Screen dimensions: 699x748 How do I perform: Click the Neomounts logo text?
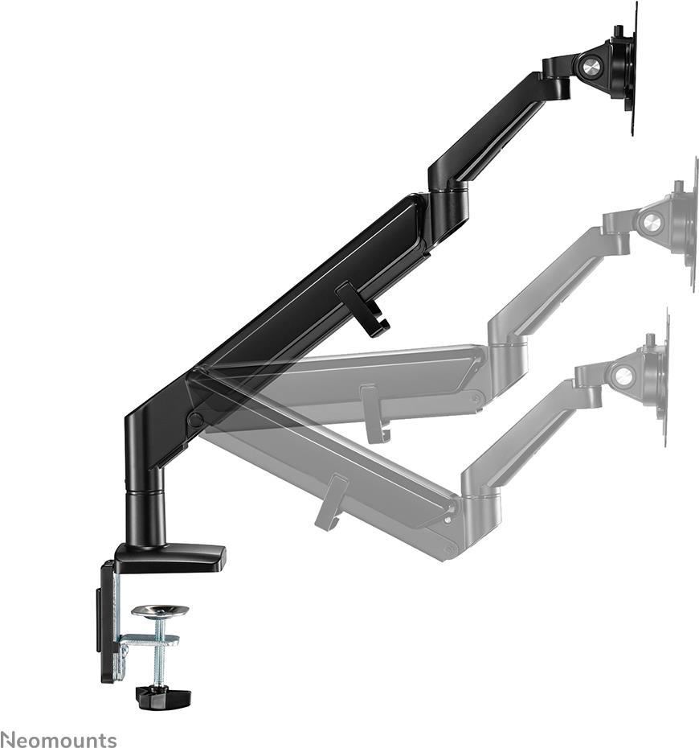(x=59, y=738)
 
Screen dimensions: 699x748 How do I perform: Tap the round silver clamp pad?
(x=160, y=610)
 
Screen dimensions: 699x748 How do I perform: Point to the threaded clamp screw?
(x=160, y=651)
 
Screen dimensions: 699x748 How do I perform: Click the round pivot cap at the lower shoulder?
(x=195, y=419)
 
